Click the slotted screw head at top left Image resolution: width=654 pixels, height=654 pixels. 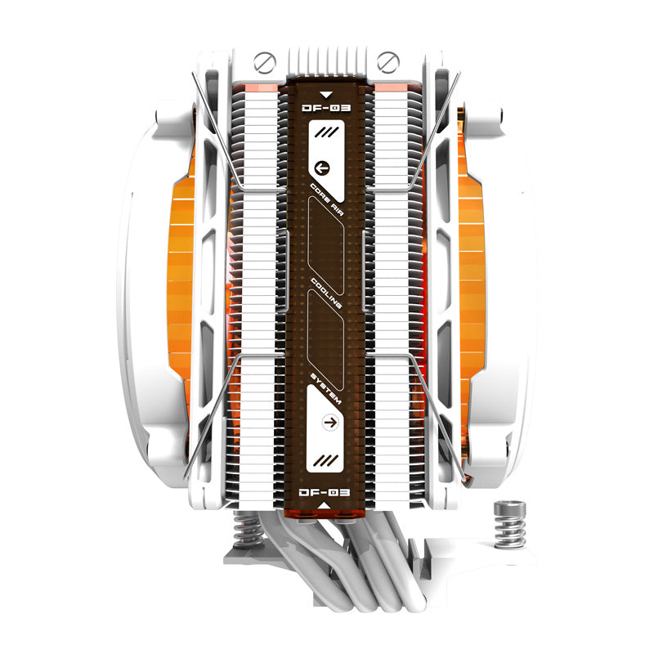click(x=263, y=60)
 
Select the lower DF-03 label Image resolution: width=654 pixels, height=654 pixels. click(x=326, y=492)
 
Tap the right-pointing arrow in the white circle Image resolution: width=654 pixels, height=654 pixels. click(x=331, y=422)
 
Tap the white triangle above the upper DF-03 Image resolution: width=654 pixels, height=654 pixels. click(x=326, y=94)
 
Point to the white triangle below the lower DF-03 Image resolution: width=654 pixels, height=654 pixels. click(x=326, y=507)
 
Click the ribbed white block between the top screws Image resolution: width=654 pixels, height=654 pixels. click(x=326, y=61)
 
